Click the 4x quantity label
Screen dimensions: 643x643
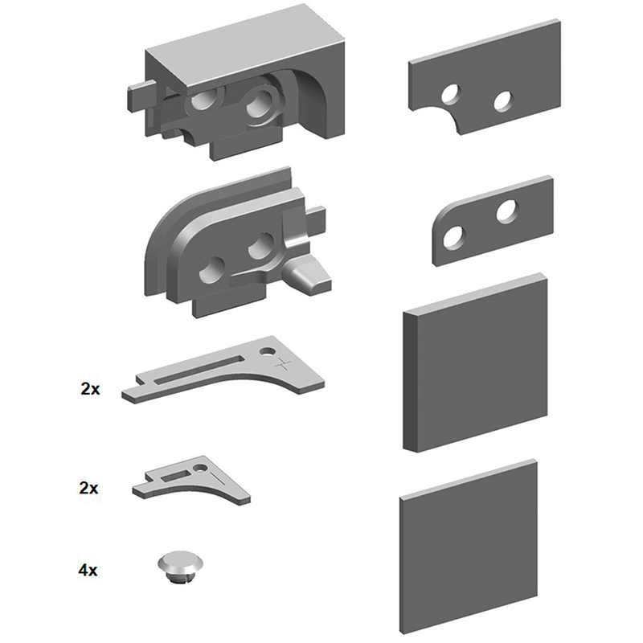coord(88,570)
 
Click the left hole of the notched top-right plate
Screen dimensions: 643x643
coord(450,94)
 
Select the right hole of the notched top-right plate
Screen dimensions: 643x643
coord(503,101)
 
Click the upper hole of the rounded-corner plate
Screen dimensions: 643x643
coord(508,211)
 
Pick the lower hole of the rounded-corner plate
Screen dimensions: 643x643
coord(454,237)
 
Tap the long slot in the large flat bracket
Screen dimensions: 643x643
coord(199,370)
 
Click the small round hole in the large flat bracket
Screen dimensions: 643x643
coord(268,352)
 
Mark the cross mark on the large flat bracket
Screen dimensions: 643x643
coord(284,363)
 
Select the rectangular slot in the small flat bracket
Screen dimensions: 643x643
coord(175,476)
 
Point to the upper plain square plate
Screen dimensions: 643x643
coord(476,362)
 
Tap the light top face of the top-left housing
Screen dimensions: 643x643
coord(246,44)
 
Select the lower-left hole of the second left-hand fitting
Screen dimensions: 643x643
coord(211,271)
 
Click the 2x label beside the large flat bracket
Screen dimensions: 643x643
coord(90,388)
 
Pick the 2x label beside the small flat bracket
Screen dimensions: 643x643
coord(88,488)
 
